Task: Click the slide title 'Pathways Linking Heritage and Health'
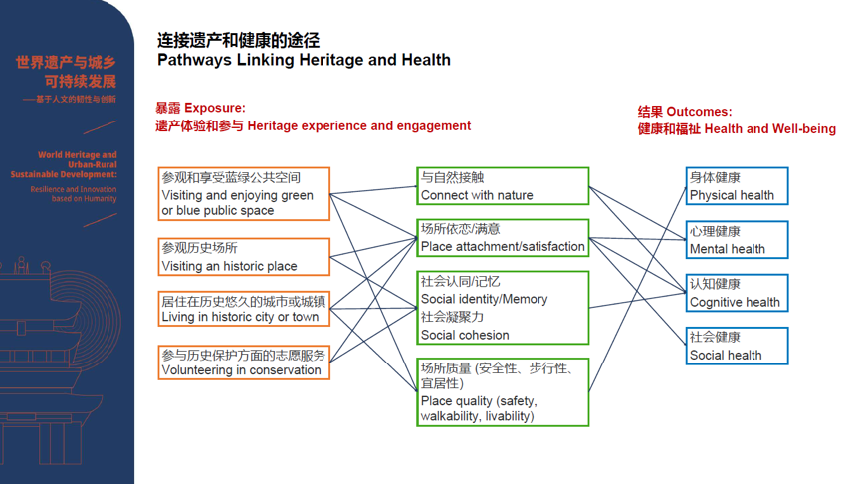pyautogui.click(x=304, y=60)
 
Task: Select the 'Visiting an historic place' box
pyautogui.click(x=244, y=257)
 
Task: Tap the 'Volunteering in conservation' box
pyautogui.click(x=244, y=362)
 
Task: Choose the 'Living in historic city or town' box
pyautogui.click(x=244, y=309)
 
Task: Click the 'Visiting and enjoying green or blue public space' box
pyautogui.click(x=244, y=193)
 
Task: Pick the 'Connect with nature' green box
pyautogui.click(x=503, y=186)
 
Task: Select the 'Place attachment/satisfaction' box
pyautogui.click(x=503, y=238)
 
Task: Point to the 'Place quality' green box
pyautogui.click(x=503, y=392)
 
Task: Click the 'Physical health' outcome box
pyautogui.click(x=737, y=186)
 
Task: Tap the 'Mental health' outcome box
pyautogui.click(x=737, y=240)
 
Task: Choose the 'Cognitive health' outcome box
pyautogui.click(x=737, y=293)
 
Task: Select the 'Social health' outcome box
pyautogui.click(x=737, y=346)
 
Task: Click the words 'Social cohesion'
pyautogui.click(x=465, y=335)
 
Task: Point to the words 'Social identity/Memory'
pyautogui.click(x=484, y=299)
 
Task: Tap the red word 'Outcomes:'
pyautogui.click(x=699, y=112)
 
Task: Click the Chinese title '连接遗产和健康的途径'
pyautogui.click(x=238, y=40)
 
